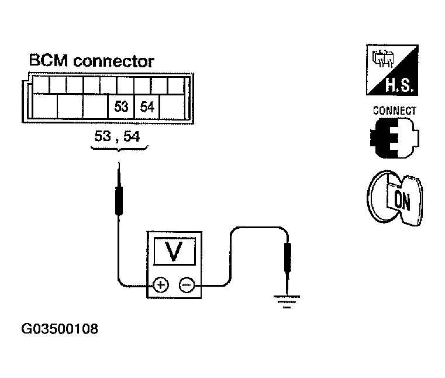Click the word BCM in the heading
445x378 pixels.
(49, 60)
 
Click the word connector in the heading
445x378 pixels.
(113, 61)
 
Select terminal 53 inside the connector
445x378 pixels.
(121, 106)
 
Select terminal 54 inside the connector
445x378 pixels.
(147, 106)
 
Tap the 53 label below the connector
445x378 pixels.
(103, 136)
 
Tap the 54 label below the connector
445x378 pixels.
(132, 136)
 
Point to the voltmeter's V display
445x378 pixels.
(174, 251)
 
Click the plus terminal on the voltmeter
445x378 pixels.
(161, 284)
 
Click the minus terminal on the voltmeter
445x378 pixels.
(187, 284)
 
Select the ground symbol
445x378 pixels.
(287, 301)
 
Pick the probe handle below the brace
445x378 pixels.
(119, 200)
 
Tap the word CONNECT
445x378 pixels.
(395, 111)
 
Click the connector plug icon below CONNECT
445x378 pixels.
(395, 138)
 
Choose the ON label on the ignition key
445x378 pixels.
(402, 201)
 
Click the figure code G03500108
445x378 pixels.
(60, 329)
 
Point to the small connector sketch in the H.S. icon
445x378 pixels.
(382, 59)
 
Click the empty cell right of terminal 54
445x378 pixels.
(173, 106)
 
